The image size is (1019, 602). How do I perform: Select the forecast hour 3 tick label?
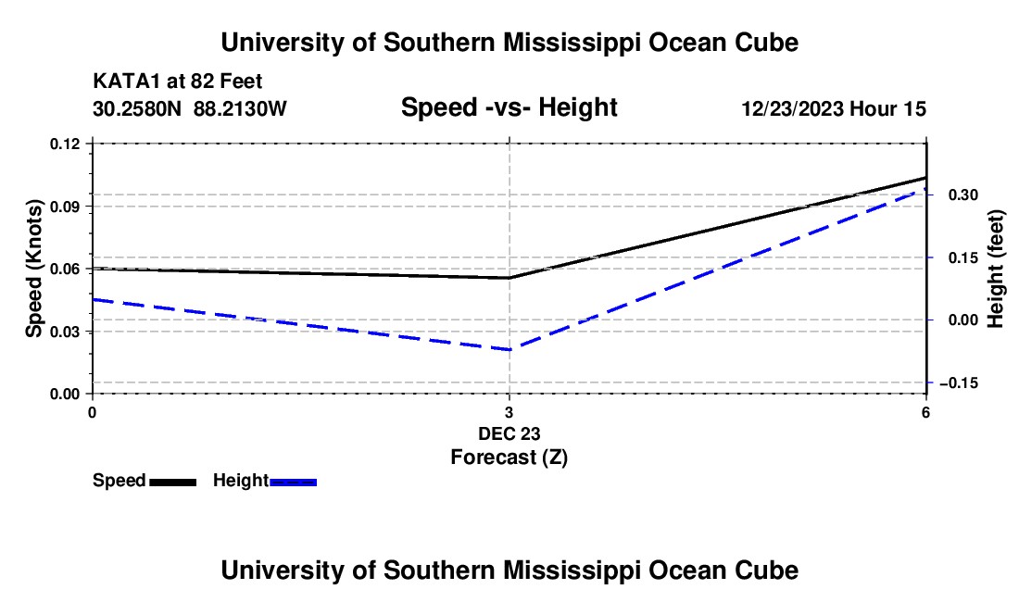509,412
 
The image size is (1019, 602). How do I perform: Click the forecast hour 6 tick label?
925,412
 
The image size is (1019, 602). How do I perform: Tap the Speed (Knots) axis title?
33,269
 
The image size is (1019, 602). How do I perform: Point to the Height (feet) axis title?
995,269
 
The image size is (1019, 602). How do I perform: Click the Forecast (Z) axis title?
509,458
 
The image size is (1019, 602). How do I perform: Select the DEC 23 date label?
509,433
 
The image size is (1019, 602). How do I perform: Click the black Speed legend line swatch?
173,482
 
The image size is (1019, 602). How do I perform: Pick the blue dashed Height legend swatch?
293,482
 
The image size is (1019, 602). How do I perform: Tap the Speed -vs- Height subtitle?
509,107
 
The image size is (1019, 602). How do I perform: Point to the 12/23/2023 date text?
793,108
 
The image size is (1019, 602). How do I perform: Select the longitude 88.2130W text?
240,108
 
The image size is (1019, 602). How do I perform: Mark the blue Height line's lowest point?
509,349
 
